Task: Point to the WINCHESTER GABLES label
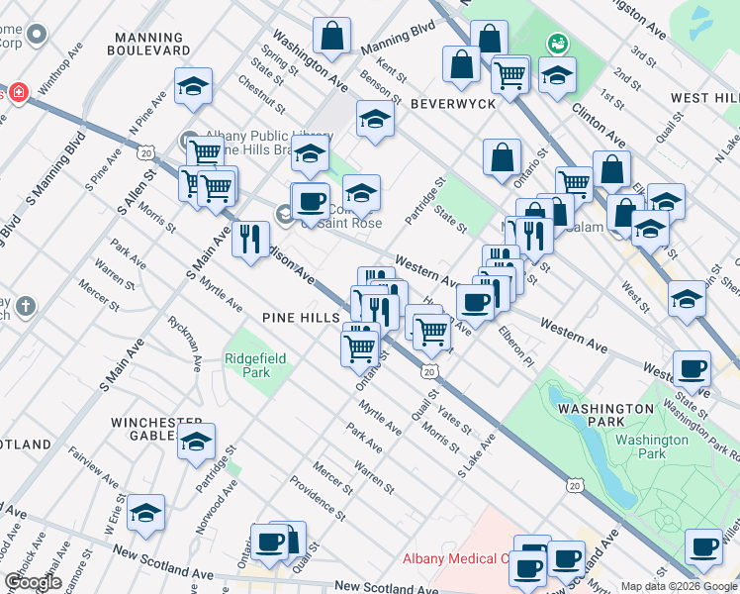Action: [156, 431]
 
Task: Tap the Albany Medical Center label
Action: [455, 558]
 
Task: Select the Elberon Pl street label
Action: [516, 346]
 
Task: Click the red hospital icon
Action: [16, 93]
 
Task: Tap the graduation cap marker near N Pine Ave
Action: [193, 86]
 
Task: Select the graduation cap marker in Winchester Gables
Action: [196, 441]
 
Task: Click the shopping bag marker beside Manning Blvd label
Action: [331, 35]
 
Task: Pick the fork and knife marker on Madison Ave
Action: [250, 239]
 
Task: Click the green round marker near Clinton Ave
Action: [557, 43]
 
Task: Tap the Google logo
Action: [33, 582]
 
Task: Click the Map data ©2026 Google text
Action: [679, 585]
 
